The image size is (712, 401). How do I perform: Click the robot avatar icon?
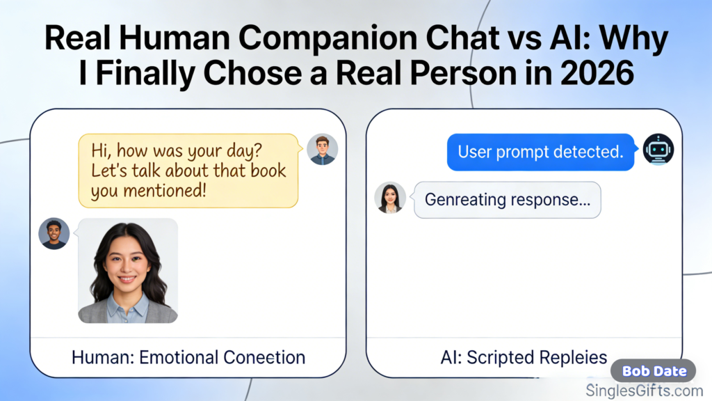(658, 150)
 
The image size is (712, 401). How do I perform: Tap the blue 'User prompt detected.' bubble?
(540, 152)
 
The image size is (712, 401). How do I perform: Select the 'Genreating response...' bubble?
(507, 200)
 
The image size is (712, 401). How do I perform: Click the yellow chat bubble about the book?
(188, 171)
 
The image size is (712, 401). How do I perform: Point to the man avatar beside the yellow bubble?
(322, 149)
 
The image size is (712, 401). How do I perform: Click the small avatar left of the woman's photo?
(54, 234)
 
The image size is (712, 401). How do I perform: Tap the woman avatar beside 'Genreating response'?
(389, 198)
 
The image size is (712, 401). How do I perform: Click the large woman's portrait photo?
(127, 272)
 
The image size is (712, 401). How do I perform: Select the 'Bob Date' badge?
(654, 371)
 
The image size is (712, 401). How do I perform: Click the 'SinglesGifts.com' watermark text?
(645, 391)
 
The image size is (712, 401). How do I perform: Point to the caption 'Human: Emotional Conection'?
(188, 358)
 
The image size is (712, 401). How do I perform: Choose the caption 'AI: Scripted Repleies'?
(524, 358)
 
